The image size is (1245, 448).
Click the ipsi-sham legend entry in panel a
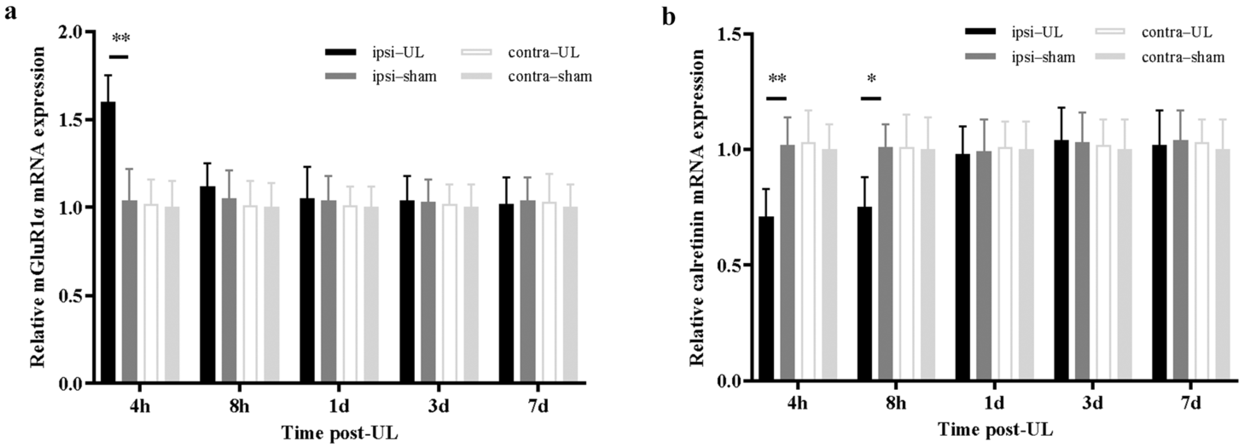pos(382,76)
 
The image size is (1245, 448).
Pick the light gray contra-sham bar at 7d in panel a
pos(571,295)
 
